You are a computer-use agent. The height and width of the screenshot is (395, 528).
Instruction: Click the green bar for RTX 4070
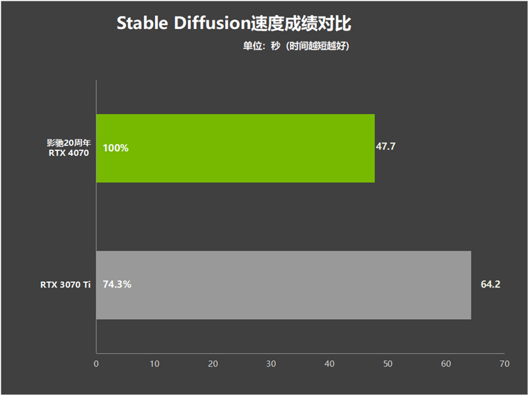tap(236, 148)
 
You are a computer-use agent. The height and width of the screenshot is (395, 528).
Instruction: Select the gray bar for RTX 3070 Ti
tap(284, 285)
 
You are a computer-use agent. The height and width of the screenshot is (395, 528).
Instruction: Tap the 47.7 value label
tap(385, 146)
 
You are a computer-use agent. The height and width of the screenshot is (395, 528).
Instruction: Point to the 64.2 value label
tap(490, 284)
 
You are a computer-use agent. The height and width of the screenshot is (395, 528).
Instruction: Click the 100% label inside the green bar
tap(115, 148)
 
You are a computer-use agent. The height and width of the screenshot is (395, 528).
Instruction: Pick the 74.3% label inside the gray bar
tap(117, 284)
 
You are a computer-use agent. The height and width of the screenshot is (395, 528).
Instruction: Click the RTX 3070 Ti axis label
tap(65, 285)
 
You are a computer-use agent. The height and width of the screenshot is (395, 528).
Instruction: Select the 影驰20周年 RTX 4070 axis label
tap(69, 148)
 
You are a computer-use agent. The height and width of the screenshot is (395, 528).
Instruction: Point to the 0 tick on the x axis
tap(96, 364)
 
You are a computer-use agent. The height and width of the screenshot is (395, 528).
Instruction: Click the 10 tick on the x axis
tap(154, 364)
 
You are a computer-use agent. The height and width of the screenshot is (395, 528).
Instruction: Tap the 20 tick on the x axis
tap(213, 364)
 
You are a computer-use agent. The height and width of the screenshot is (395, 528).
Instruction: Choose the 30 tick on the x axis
tap(271, 364)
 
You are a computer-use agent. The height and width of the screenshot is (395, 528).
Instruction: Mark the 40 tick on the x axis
tap(329, 364)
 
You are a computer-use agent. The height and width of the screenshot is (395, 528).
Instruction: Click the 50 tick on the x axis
tap(387, 364)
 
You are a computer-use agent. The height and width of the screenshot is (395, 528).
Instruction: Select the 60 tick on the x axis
tap(446, 364)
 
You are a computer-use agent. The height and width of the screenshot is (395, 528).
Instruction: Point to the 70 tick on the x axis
tap(504, 364)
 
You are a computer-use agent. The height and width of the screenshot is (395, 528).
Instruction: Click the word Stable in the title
tap(142, 23)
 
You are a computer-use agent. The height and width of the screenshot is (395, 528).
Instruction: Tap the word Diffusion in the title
tap(211, 23)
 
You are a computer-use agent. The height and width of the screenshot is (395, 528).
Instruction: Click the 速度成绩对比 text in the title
tap(301, 24)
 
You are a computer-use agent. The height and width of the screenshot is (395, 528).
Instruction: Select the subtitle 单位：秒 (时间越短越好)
tap(296, 46)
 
